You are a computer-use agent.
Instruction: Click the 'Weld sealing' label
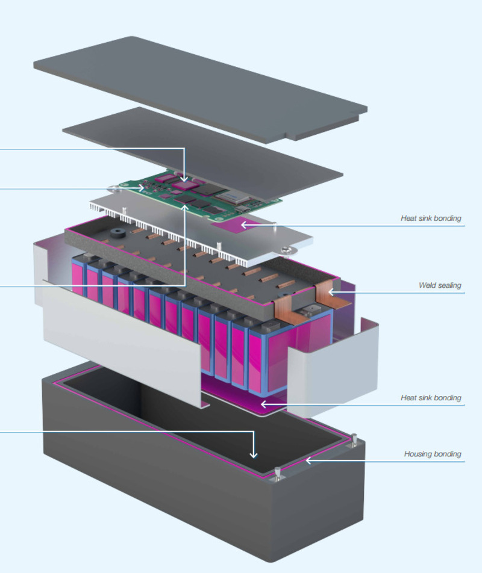tap(440, 285)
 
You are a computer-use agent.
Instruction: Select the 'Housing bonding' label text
tap(433, 454)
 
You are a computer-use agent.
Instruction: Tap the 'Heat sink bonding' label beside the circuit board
tap(431, 218)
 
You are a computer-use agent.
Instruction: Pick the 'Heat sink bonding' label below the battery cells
tap(431, 398)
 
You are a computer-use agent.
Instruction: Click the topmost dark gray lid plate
tap(199, 84)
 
